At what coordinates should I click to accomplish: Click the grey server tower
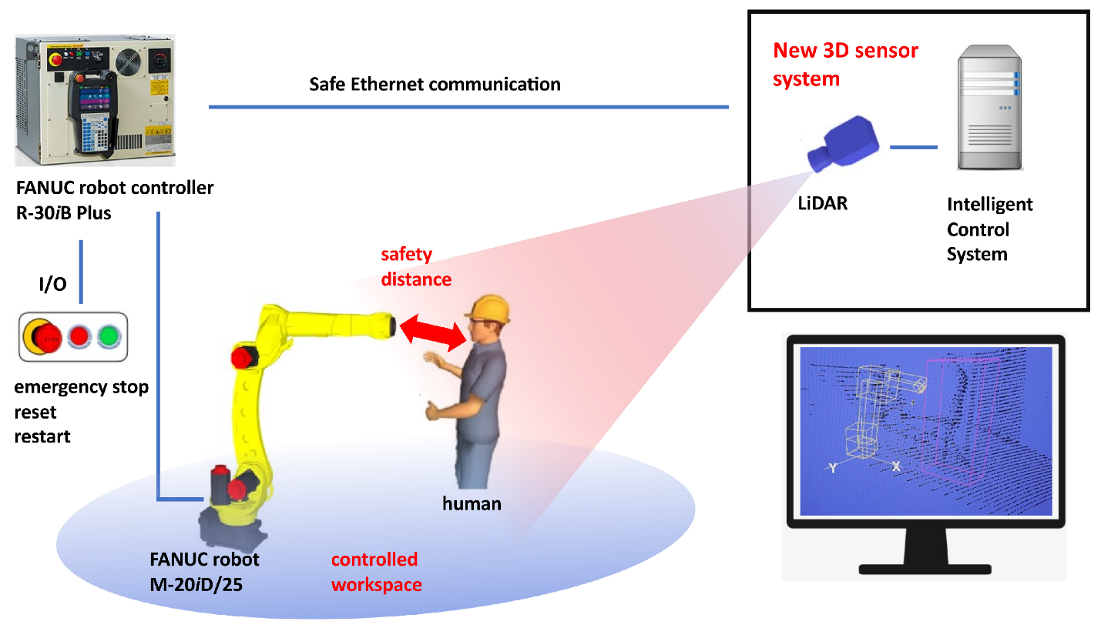click(x=989, y=108)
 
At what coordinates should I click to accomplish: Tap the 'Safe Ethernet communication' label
click(x=435, y=84)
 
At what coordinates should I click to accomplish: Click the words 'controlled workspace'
click(x=376, y=571)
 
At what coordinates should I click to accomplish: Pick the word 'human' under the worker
click(x=472, y=504)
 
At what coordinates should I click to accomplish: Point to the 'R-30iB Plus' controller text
click(x=63, y=213)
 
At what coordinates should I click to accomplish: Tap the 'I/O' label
click(x=52, y=285)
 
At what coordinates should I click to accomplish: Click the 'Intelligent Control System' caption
click(x=989, y=229)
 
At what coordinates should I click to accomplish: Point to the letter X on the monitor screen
click(x=896, y=466)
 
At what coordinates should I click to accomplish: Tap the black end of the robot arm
click(x=392, y=325)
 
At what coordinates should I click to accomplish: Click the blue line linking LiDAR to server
click(x=915, y=147)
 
